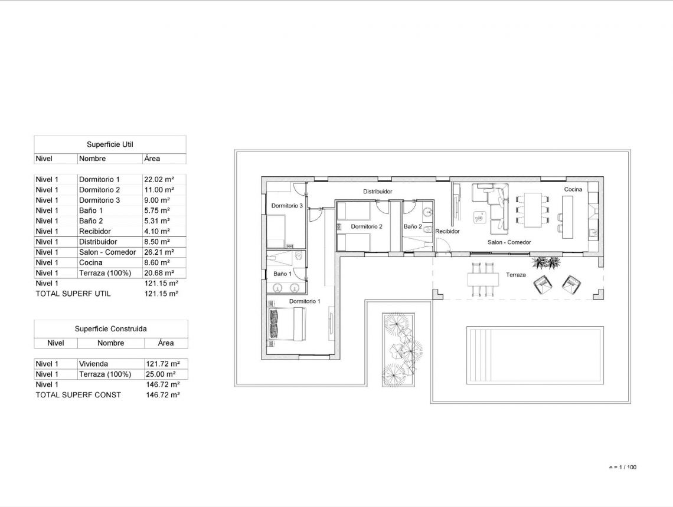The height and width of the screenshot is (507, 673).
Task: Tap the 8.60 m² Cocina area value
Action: [157, 263]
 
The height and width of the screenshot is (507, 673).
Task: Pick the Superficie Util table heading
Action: [110, 144]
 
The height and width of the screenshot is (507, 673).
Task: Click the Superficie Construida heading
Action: [110, 328]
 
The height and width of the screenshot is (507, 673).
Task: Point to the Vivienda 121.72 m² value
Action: [162, 364]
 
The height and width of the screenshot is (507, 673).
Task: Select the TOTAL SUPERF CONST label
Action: [78, 395]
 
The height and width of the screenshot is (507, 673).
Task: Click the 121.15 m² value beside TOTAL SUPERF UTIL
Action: [161, 294]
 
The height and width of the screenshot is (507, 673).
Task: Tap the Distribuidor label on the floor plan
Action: [377, 192]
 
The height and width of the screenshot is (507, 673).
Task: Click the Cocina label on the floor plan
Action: [573, 189]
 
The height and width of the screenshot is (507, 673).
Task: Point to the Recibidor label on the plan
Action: [447, 232]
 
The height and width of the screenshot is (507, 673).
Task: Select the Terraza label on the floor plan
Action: [515, 275]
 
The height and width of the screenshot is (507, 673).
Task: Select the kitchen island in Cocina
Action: [567, 217]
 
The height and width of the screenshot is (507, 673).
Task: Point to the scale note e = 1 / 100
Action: [622, 468]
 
